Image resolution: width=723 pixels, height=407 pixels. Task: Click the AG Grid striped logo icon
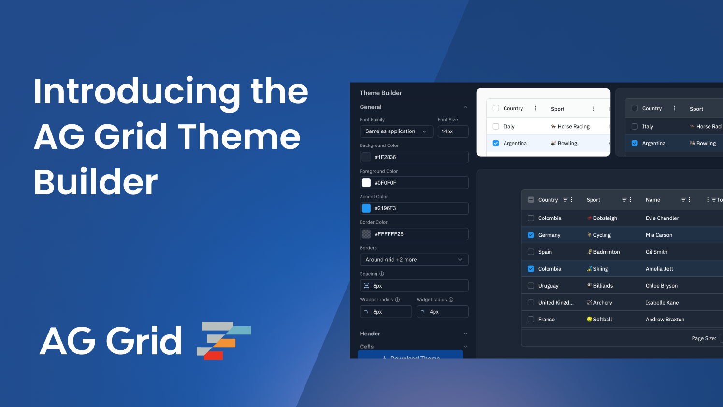pyautogui.click(x=224, y=340)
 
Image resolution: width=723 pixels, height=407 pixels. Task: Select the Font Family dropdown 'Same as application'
pyautogui.click(x=396, y=131)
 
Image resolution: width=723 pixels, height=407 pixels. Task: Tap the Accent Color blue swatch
pyautogui.click(x=366, y=208)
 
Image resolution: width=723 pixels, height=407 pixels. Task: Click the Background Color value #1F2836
pyautogui.click(x=385, y=157)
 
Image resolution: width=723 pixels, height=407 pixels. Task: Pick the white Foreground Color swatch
pyautogui.click(x=366, y=183)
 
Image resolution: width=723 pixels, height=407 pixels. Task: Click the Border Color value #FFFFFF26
pyautogui.click(x=389, y=234)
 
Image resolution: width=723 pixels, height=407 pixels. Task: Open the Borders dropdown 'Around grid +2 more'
pyautogui.click(x=414, y=260)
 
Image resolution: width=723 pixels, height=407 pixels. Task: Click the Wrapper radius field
pyautogui.click(x=386, y=312)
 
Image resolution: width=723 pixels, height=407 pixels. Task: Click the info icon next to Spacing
pyautogui.click(x=382, y=274)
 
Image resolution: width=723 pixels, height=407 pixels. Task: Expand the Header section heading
pyautogui.click(x=370, y=334)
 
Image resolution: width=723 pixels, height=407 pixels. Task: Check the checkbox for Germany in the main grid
pyautogui.click(x=531, y=235)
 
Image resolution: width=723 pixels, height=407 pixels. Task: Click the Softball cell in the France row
pyautogui.click(x=602, y=320)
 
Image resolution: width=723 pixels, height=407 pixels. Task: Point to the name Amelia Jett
pyautogui.click(x=659, y=269)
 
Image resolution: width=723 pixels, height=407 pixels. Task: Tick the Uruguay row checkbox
pyautogui.click(x=531, y=286)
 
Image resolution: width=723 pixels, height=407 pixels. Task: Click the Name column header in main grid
pyautogui.click(x=652, y=200)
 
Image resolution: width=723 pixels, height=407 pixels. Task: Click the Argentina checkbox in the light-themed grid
pyautogui.click(x=496, y=143)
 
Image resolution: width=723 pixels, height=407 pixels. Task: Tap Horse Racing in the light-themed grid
pyautogui.click(x=573, y=127)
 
